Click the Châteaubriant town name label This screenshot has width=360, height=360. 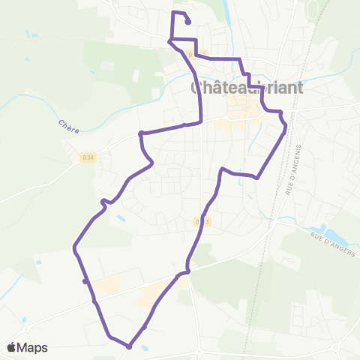247,87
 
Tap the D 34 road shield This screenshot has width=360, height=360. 88,157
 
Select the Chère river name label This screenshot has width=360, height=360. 67,125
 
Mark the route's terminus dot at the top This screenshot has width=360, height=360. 187,22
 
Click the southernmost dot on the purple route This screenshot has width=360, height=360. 129,346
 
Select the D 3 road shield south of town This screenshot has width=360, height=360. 199,222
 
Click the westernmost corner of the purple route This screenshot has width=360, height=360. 74,247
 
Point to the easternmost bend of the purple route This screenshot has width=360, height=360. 286,127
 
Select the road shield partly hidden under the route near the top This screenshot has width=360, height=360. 196,54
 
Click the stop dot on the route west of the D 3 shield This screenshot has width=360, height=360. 187,271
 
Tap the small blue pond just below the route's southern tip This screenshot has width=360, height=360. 143,349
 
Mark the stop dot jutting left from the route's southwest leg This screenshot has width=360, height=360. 85,281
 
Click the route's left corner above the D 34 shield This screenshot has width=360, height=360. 140,133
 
